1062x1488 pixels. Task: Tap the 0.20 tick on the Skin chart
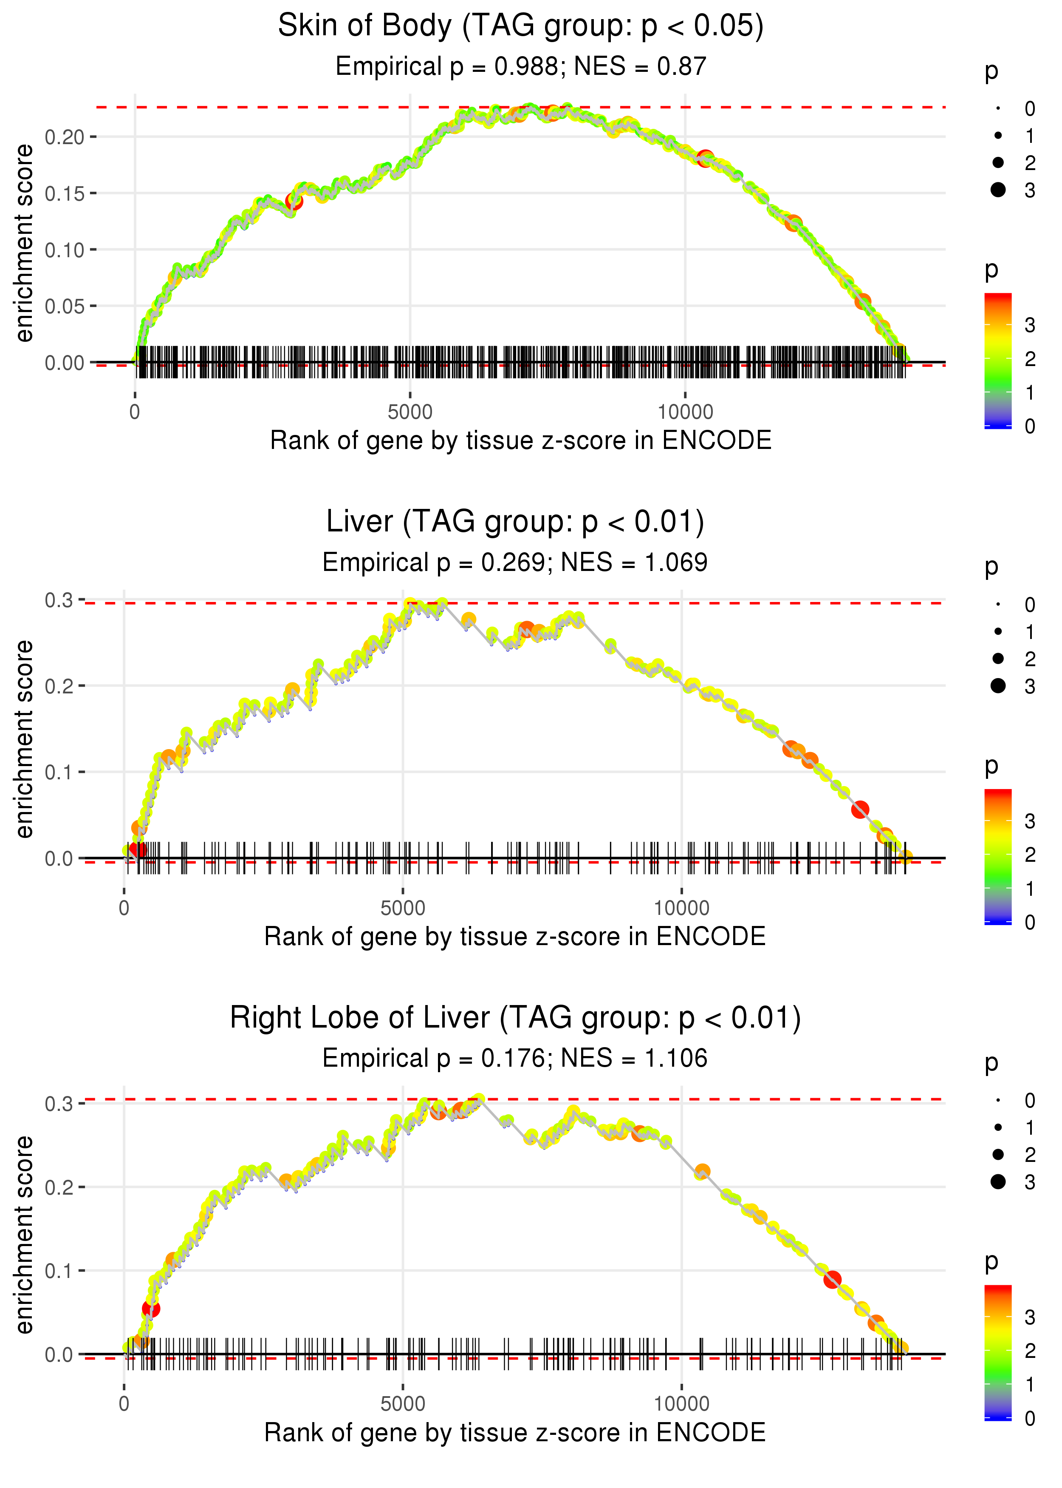click(65, 137)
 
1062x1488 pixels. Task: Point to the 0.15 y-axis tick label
click(65, 194)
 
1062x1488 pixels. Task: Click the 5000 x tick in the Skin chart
click(410, 412)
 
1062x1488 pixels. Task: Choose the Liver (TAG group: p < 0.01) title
click(515, 522)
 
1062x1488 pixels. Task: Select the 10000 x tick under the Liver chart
click(681, 908)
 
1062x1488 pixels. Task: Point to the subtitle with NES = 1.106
click(515, 1059)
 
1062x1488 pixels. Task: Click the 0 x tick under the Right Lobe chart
click(124, 1404)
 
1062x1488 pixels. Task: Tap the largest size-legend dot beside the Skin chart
click(998, 190)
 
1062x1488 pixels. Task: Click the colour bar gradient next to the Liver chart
click(998, 856)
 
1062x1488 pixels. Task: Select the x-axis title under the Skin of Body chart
click(520, 441)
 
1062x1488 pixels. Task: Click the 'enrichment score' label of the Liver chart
click(24, 739)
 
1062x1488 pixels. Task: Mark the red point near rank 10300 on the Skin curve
click(705, 158)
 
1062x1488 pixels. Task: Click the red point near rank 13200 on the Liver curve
click(860, 809)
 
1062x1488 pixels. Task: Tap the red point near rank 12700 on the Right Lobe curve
click(832, 1279)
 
